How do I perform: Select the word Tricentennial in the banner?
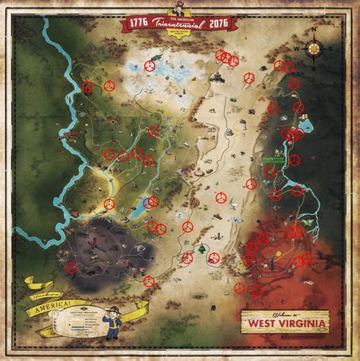coord(179,23)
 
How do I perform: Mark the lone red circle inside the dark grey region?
coord(72,266)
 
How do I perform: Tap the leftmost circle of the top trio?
coord(219,55)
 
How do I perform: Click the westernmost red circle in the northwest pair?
coord(87,86)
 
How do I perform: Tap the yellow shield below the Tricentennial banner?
coord(179,34)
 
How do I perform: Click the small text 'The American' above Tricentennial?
coord(179,16)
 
